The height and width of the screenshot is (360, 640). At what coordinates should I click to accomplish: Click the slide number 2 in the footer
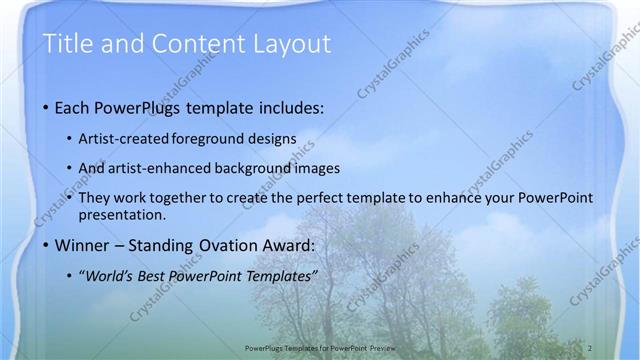tap(591, 345)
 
